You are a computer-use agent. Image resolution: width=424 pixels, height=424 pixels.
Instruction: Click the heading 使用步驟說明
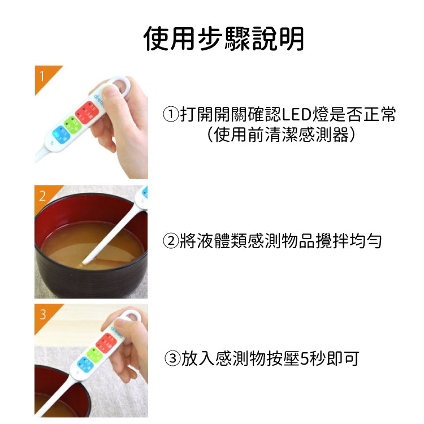224,39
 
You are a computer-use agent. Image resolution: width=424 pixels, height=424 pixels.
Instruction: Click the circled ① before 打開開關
171,114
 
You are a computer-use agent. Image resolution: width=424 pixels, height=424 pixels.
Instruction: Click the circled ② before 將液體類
171,241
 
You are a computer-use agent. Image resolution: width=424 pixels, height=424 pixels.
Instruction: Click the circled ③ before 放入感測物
172,358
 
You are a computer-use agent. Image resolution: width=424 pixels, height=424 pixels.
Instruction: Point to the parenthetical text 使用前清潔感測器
281,135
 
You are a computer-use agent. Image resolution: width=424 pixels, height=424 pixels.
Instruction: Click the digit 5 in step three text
304,359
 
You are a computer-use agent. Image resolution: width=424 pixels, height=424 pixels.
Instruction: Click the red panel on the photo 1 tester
86,113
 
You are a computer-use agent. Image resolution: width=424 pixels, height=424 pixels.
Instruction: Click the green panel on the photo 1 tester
73,125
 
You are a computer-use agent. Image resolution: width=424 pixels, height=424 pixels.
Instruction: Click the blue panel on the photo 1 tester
61,135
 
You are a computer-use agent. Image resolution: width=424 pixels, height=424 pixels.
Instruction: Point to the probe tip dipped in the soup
85,262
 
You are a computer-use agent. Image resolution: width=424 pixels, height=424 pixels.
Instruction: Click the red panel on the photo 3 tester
106,343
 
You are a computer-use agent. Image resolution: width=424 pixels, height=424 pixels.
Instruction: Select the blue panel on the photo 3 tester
85,365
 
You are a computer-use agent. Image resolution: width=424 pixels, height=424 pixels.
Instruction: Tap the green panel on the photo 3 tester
94,355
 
